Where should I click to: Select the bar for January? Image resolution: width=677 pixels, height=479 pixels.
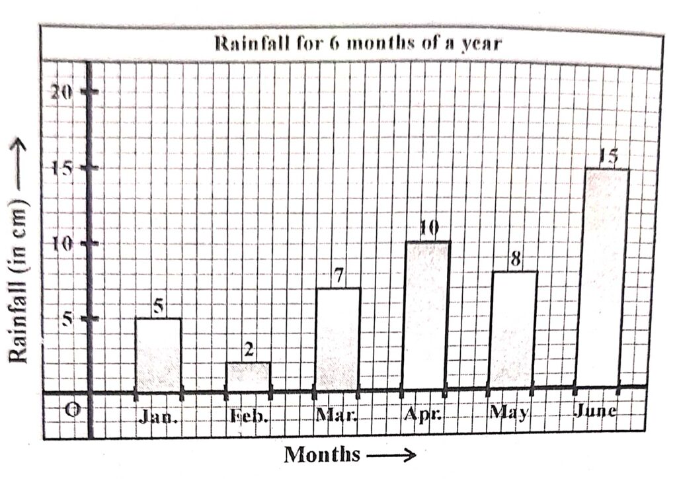pos(158,355)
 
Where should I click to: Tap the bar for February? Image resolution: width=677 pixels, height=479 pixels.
pos(248,376)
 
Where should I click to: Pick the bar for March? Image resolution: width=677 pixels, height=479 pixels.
pos(337,339)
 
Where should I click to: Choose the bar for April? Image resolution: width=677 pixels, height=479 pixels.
pos(426,315)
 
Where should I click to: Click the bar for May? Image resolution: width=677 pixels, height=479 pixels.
pos(513,329)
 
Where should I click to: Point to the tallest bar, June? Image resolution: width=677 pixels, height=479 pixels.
pos(602,277)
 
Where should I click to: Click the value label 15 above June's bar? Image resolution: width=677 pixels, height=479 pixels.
pos(608,157)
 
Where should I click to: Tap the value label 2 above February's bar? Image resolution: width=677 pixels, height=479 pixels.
pos(249,350)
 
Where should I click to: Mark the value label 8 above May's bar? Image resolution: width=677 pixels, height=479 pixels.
pos(514,259)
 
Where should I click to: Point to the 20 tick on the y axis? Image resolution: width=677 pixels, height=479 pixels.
pos(62,92)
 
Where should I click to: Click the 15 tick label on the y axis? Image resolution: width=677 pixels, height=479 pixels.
pos(62,168)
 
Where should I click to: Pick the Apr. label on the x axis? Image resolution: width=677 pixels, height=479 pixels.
pos(422,415)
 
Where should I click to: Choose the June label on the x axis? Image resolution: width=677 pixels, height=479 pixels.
pos(595,411)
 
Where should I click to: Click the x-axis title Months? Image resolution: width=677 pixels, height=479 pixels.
pos(323,455)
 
